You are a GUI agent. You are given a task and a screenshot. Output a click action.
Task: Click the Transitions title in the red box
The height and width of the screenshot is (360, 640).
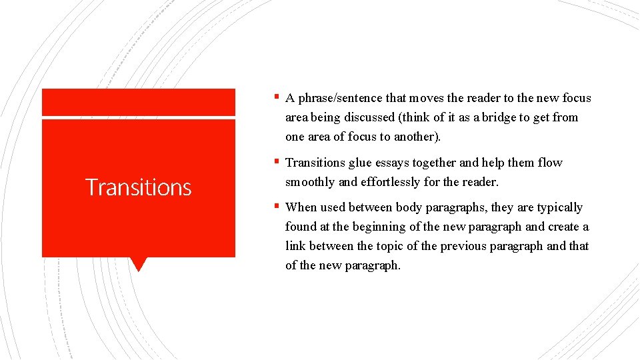pos(139,187)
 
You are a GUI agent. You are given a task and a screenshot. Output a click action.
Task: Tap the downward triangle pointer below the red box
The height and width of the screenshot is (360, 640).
pos(139,264)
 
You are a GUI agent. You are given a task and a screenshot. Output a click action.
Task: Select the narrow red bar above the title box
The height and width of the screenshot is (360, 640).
pos(139,103)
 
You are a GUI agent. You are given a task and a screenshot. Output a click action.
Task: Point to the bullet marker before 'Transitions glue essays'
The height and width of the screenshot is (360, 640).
pos(276,161)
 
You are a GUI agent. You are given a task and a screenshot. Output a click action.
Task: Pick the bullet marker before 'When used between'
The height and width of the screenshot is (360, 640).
pos(276,205)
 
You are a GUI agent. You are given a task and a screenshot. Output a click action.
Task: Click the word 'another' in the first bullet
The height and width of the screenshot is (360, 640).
pos(419,137)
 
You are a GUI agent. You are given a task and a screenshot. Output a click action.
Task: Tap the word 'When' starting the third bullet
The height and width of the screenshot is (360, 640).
pos(301,207)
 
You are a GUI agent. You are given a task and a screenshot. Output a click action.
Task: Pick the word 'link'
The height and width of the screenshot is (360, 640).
pos(295,246)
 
